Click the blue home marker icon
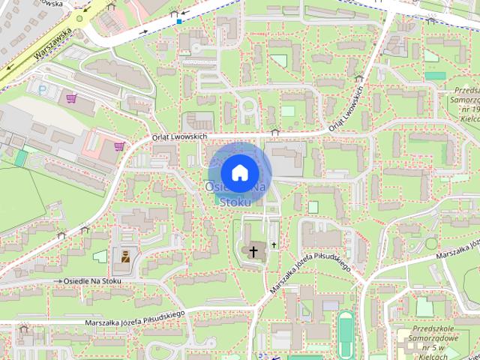click(238, 172)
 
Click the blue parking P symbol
click(42, 88)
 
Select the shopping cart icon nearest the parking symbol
click(71, 98)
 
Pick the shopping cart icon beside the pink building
click(118, 146)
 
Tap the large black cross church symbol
click(254, 251)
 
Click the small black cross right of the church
click(274, 245)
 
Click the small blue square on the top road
click(179, 22)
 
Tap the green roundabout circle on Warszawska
click(82, 19)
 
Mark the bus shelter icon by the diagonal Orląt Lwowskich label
click(359, 78)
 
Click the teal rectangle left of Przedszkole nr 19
click(434, 76)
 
